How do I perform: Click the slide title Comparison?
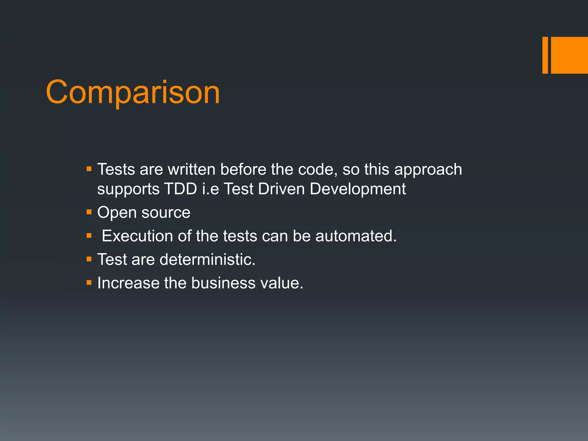click(x=133, y=92)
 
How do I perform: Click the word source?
click(x=166, y=213)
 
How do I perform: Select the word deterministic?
click(x=207, y=260)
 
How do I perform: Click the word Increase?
click(x=128, y=283)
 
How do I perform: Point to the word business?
click(x=223, y=283)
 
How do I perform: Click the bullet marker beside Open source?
click(x=89, y=212)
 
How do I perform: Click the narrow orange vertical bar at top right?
click(x=545, y=55)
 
